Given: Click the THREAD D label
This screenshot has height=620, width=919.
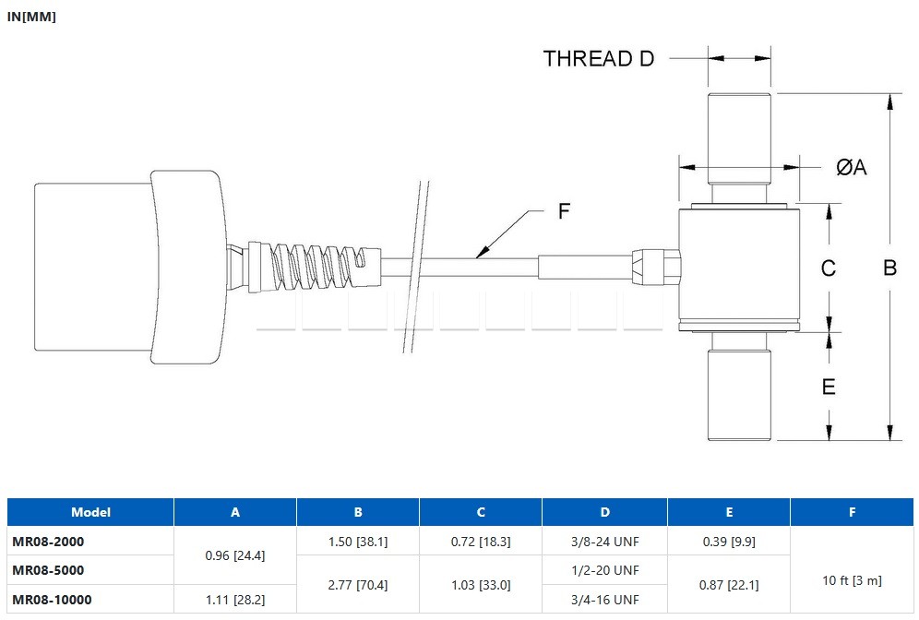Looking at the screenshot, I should coord(598,58).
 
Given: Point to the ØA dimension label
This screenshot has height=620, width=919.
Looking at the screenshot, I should coord(851,167).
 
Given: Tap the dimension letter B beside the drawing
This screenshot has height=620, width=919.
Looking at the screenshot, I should coord(889,268).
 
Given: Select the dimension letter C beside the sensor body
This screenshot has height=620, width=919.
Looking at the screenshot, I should coord(828,268).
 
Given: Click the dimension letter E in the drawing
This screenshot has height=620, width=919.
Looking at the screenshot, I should coord(828,387).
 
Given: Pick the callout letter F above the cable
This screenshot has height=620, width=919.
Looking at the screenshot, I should coord(564,211).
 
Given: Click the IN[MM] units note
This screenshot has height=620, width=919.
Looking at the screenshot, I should coord(31,17).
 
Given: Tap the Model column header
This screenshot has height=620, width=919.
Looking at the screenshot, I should coord(90,512).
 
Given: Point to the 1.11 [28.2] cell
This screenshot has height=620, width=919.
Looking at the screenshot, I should coord(234,600).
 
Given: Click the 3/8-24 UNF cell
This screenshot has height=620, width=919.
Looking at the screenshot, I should coord(604,542).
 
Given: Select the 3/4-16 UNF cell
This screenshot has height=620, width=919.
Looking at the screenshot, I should coord(604,600).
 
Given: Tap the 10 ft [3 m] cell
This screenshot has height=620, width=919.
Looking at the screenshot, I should coord(851,580).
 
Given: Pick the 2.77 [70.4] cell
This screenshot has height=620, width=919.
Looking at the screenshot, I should coord(358,585).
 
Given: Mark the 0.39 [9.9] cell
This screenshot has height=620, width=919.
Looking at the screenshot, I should coord(729,542).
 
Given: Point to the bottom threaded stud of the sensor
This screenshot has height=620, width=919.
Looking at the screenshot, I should coord(739,392).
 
